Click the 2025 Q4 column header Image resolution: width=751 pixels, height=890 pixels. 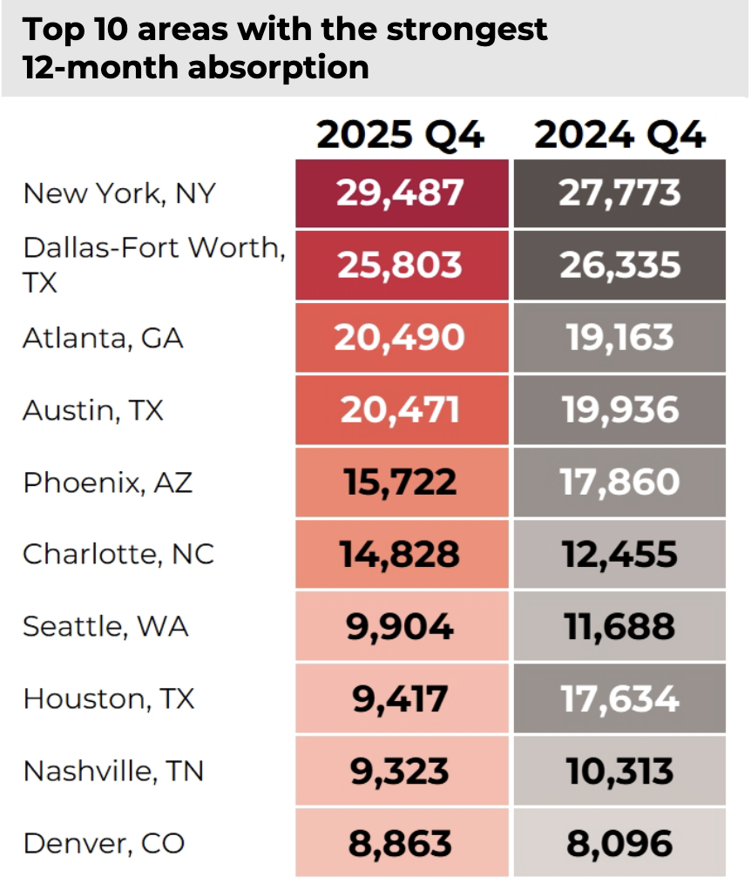(x=400, y=136)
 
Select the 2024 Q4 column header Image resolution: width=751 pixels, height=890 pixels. (x=619, y=136)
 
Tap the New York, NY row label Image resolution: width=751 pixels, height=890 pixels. (x=118, y=192)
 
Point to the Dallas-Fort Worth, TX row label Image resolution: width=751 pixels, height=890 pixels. (x=153, y=265)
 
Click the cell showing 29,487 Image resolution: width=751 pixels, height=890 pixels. (x=401, y=192)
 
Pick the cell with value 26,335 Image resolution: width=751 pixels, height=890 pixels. (x=619, y=265)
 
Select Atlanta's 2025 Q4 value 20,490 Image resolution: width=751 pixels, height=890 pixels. (x=401, y=337)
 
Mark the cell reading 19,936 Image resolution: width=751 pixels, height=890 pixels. (x=619, y=409)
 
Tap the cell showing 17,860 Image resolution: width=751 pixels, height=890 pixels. (x=619, y=482)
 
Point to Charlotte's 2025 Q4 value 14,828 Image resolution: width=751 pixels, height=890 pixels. (x=401, y=554)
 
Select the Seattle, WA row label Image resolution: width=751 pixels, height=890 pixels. (x=105, y=626)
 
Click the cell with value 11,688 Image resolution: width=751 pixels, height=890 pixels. (x=619, y=626)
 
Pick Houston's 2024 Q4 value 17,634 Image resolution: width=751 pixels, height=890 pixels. (x=619, y=698)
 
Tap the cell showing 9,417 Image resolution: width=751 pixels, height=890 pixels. (x=401, y=698)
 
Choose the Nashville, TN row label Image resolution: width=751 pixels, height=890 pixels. (x=113, y=771)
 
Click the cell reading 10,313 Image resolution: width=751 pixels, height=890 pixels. (x=619, y=771)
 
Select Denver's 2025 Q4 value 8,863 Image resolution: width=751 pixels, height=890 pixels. (x=401, y=843)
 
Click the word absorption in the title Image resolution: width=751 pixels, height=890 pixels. (x=261, y=67)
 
